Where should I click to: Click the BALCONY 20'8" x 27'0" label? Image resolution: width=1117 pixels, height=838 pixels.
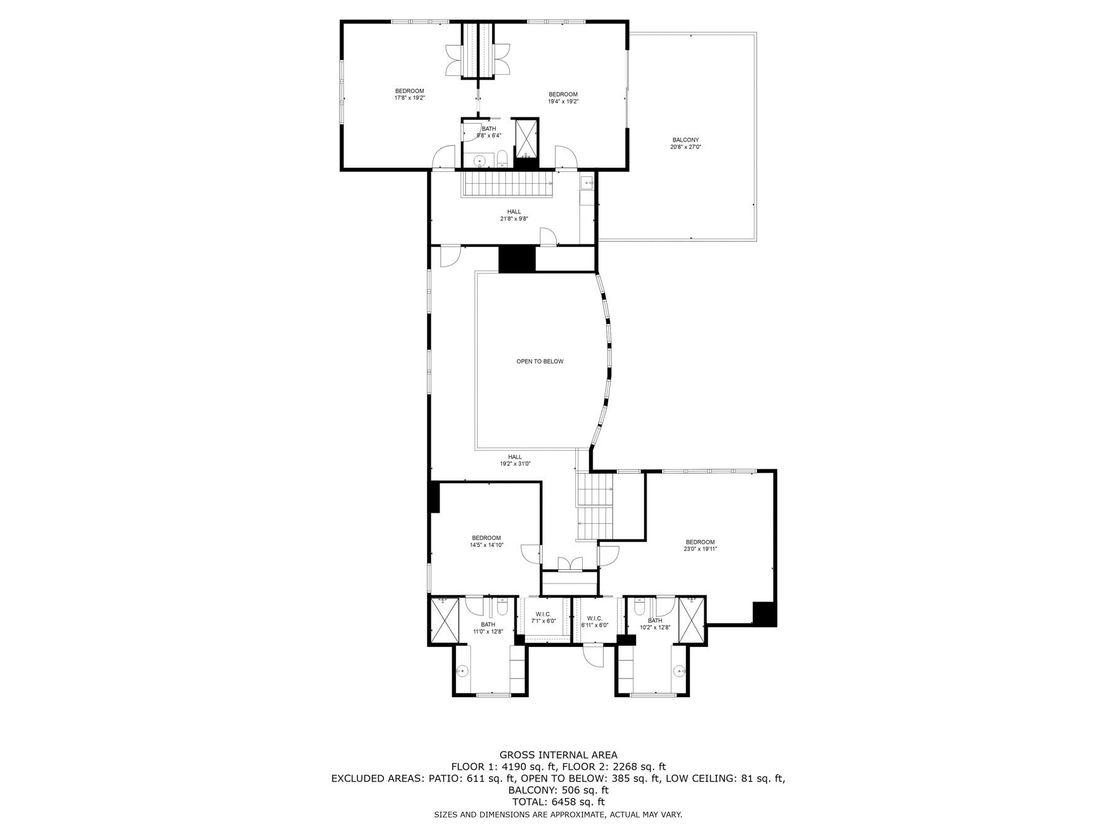(685, 143)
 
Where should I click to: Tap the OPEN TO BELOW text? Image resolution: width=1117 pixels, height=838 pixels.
(540, 361)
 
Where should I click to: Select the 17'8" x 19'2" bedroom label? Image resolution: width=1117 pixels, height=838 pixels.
(410, 94)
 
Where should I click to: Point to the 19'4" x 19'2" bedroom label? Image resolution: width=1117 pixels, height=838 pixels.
(563, 98)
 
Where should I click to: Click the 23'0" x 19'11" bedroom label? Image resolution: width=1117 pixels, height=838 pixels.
(700, 546)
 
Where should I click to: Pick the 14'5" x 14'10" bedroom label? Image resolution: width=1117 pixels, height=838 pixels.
(486, 541)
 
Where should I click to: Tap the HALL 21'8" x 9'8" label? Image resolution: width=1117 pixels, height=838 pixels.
(514, 215)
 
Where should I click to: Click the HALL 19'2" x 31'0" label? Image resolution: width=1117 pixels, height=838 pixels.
(515, 460)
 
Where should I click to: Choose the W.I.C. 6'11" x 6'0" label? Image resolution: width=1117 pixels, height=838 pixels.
(594, 621)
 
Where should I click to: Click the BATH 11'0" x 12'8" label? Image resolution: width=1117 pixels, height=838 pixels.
(488, 628)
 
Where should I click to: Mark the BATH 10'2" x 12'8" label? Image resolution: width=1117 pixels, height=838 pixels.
(655, 624)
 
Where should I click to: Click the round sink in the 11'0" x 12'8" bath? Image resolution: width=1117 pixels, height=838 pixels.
(462, 671)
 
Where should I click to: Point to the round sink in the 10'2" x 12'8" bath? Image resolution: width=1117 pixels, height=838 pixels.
(680, 671)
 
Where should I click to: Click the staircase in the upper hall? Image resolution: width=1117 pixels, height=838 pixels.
(508, 184)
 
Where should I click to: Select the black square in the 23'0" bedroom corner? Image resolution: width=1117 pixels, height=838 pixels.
(765, 613)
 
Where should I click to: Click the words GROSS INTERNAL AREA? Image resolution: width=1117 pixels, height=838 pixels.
(558, 755)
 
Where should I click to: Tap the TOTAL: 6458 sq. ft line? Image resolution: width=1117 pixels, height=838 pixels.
(558, 802)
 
